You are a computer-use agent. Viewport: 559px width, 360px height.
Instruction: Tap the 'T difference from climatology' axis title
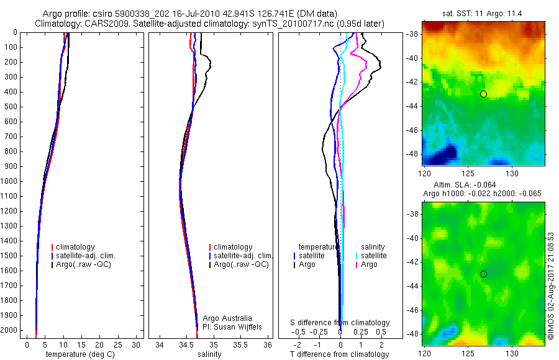(x=340, y=354)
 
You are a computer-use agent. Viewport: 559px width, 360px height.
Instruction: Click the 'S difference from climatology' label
(x=340, y=323)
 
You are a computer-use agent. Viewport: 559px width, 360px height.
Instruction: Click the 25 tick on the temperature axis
(x=119, y=344)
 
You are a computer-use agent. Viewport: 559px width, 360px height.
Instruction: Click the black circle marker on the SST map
(x=484, y=94)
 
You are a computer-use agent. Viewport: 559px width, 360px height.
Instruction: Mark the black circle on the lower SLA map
(x=484, y=274)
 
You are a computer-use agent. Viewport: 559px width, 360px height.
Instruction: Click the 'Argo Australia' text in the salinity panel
(x=227, y=318)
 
